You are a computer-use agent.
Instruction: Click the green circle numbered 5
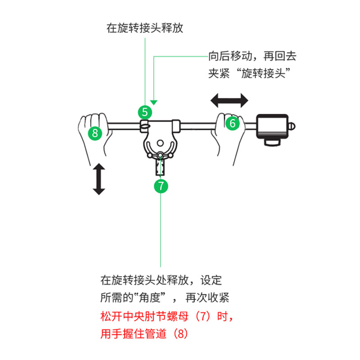(145, 112)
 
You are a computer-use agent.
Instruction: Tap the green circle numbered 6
(232, 123)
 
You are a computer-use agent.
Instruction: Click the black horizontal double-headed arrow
(230, 100)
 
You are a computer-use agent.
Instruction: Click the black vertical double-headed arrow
(99, 180)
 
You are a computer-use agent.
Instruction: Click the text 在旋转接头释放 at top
(145, 28)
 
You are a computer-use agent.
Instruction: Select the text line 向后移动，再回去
(252, 56)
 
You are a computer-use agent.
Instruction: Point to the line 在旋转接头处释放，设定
(161, 280)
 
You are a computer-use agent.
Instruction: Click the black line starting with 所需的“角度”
(165, 297)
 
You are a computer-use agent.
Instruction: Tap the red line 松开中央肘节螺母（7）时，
(166, 316)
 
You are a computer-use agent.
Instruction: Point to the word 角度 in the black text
(148, 297)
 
